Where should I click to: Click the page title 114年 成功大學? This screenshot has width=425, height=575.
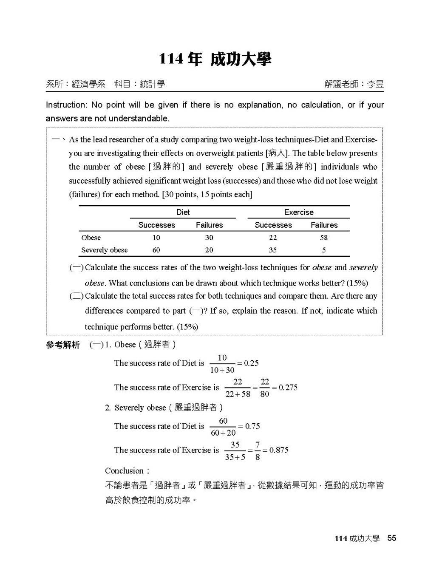[215, 59]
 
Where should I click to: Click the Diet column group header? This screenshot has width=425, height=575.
[183, 212]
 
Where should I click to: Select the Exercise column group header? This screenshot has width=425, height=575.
[298, 212]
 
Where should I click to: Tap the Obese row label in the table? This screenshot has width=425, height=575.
[91, 238]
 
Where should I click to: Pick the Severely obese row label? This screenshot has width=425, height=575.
[104, 250]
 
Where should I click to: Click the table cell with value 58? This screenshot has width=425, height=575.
[324, 238]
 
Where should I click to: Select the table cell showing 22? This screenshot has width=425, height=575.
[273, 238]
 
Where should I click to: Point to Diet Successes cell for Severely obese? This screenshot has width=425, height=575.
[156, 250]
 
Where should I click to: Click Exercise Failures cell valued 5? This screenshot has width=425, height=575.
[324, 250]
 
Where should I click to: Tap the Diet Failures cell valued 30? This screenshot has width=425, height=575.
[209, 238]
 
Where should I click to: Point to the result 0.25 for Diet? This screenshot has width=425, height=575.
[251, 363]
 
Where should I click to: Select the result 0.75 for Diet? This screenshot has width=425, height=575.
[252, 426]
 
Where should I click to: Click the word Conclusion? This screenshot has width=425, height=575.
[124, 471]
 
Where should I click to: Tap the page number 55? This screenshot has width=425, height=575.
[391, 538]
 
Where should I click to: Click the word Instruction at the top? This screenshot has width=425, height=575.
[66, 105]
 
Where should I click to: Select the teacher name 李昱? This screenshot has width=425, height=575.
[375, 84]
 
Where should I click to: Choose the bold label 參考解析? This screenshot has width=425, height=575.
[62, 345]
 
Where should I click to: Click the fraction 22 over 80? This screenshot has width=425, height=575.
[265, 388]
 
